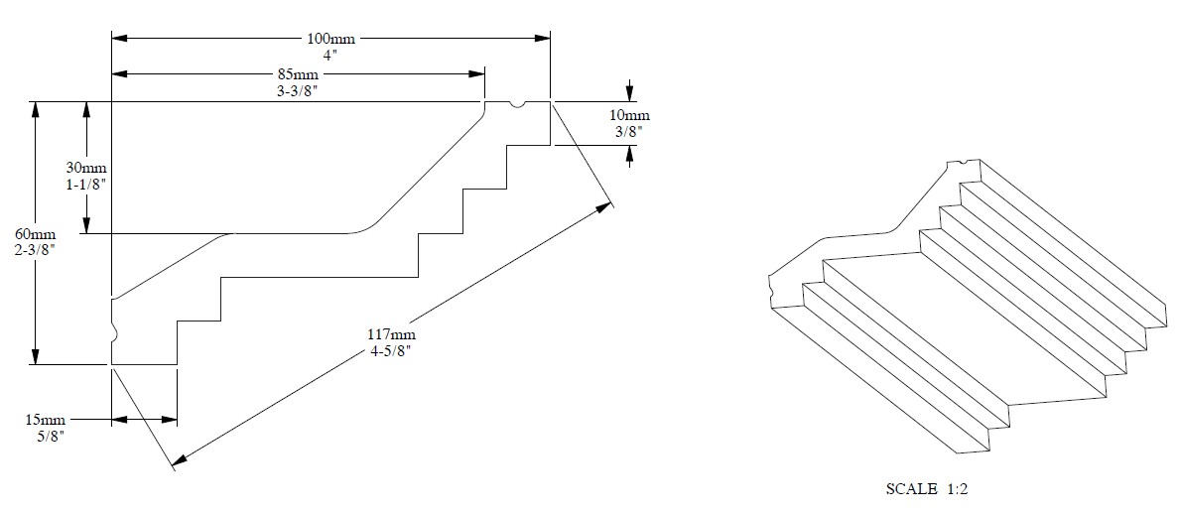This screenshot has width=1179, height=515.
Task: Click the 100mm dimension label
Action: pos(330,40)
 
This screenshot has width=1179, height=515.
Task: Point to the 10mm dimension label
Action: pos(628,115)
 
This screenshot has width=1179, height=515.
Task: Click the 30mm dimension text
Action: pos(87,170)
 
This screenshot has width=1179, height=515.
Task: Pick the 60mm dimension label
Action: pos(35,234)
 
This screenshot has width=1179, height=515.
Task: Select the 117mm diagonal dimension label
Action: pos(388,333)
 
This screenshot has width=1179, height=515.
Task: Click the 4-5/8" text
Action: pos(388,349)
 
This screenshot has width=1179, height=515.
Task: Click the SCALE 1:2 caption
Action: pos(932,489)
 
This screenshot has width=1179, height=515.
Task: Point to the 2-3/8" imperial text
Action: pos(35,250)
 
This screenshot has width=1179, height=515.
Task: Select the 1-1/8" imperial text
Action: pos(87,186)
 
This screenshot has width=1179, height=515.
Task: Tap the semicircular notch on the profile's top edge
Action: pos(516,104)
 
